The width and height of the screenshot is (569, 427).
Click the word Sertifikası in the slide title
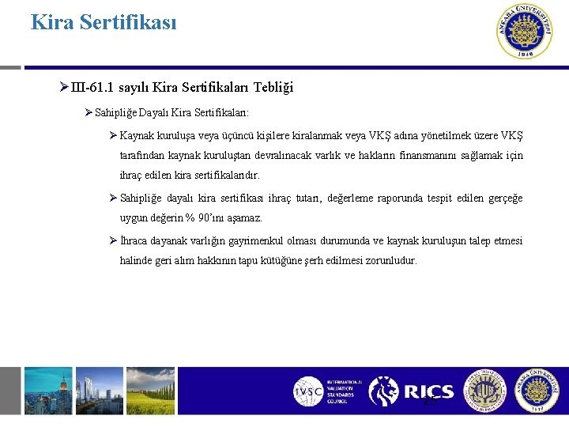[130, 21]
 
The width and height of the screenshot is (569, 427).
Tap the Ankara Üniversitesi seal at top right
[524, 32]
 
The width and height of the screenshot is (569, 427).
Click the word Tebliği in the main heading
[273, 87]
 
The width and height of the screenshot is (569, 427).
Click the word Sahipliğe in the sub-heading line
[115, 113]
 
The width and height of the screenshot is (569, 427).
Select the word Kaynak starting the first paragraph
[137, 135]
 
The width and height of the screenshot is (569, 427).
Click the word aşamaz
[246, 217]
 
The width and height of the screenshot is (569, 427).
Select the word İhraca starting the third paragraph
[136, 240]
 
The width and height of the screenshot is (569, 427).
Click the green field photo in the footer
[183, 391]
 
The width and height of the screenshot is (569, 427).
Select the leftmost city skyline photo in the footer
[47, 391]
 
